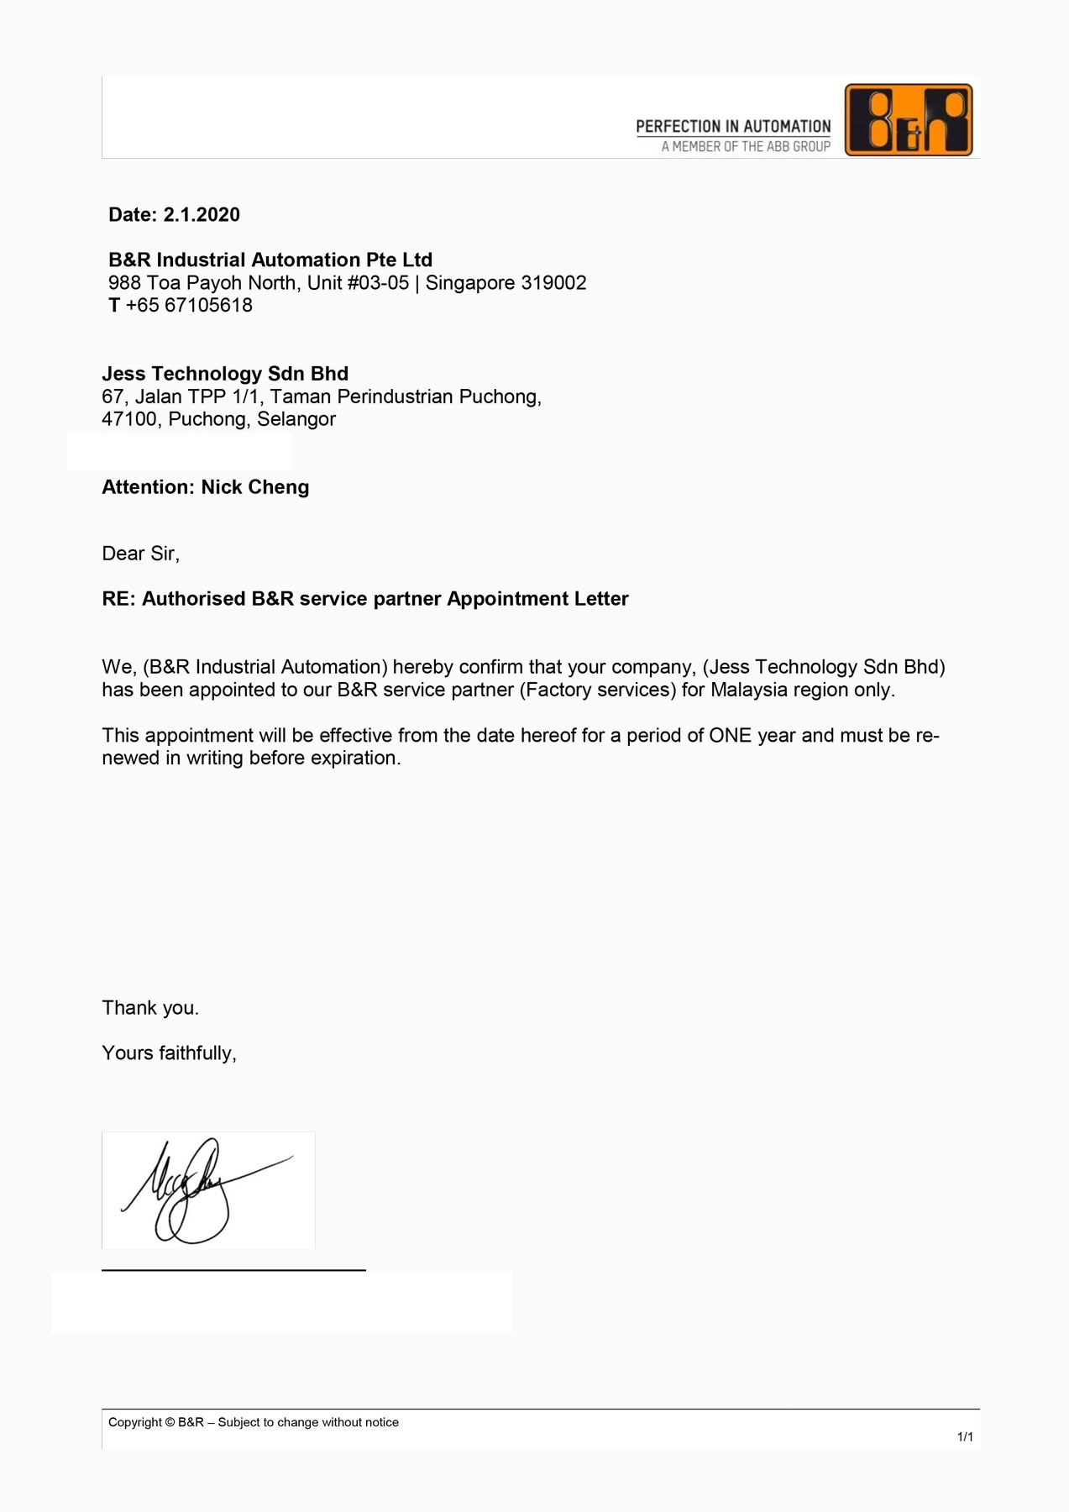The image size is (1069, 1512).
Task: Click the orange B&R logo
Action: [x=909, y=119]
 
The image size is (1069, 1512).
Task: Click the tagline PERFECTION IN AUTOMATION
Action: [x=733, y=127]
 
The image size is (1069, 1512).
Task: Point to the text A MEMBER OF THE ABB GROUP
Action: [x=746, y=147]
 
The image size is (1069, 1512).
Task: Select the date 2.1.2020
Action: [x=202, y=215]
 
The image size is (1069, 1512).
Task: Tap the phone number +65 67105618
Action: [x=189, y=306]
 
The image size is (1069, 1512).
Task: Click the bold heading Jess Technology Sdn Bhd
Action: [x=225, y=374]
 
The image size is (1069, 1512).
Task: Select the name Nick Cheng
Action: [x=255, y=487]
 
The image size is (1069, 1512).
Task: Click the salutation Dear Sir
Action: [x=139, y=554]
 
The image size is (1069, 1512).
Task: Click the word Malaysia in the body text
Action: [x=749, y=690]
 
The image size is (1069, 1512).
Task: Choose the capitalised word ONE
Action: [x=730, y=736]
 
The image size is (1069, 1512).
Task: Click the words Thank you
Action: [x=150, y=1008]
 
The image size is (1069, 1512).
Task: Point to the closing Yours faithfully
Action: [x=169, y=1053]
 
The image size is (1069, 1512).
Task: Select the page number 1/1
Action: [x=965, y=1437]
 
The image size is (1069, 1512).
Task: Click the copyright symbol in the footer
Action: [x=170, y=1422]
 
